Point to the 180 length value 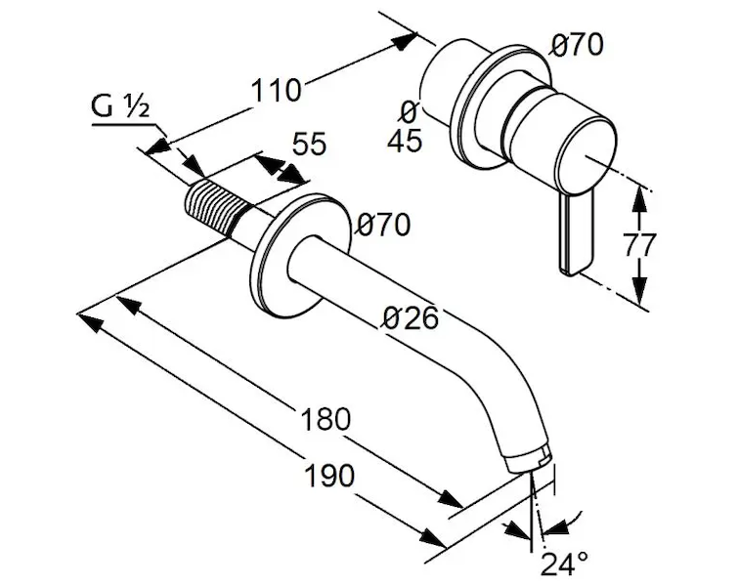(x=325, y=419)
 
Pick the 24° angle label (x=564, y=563)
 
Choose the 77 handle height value (x=641, y=244)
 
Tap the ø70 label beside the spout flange (x=383, y=225)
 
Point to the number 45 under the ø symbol (x=405, y=142)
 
